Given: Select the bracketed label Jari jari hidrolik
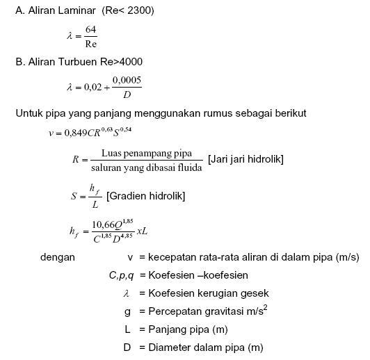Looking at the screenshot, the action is point(246,160).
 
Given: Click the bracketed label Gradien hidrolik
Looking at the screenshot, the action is point(145,196).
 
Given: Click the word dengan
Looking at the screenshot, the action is point(58,257).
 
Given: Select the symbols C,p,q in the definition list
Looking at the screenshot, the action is point(122,275).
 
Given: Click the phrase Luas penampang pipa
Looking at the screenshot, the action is point(147,153).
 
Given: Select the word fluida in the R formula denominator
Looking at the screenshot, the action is point(190,168).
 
